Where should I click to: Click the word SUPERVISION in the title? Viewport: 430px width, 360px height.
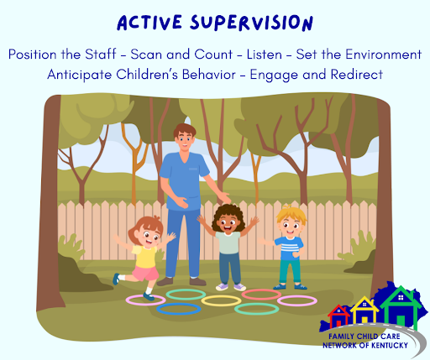251,23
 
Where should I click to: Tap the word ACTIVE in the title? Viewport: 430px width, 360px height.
149,23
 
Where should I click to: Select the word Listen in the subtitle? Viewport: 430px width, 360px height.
264,55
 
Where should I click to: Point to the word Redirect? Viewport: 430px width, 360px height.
357,75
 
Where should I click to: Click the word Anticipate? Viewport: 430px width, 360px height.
80,75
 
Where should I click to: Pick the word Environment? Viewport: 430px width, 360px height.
383,55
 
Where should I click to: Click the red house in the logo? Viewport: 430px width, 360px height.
338,316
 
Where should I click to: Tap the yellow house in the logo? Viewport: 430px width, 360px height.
364,311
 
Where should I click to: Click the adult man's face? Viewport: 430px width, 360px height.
184,139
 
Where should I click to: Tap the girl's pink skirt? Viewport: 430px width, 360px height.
145,274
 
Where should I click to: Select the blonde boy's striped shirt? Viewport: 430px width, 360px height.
290,248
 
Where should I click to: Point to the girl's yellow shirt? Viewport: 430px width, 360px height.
145,256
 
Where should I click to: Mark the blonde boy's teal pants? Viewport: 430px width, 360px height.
290,271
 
